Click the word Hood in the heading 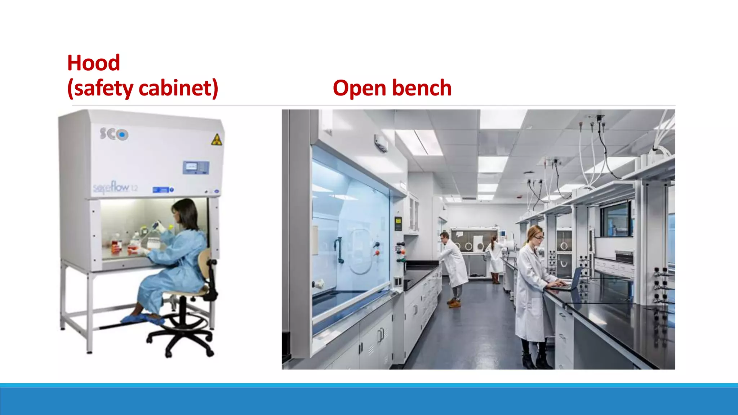click(x=93, y=63)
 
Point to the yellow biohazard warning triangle click(x=216, y=140)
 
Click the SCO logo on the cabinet click(x=114, y=134)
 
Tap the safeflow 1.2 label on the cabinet click(x=115, y=187)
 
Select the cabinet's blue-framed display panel click(x=196, y=167)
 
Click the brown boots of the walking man click(x=454, y=303)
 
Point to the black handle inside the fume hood click(x=339, y=250)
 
